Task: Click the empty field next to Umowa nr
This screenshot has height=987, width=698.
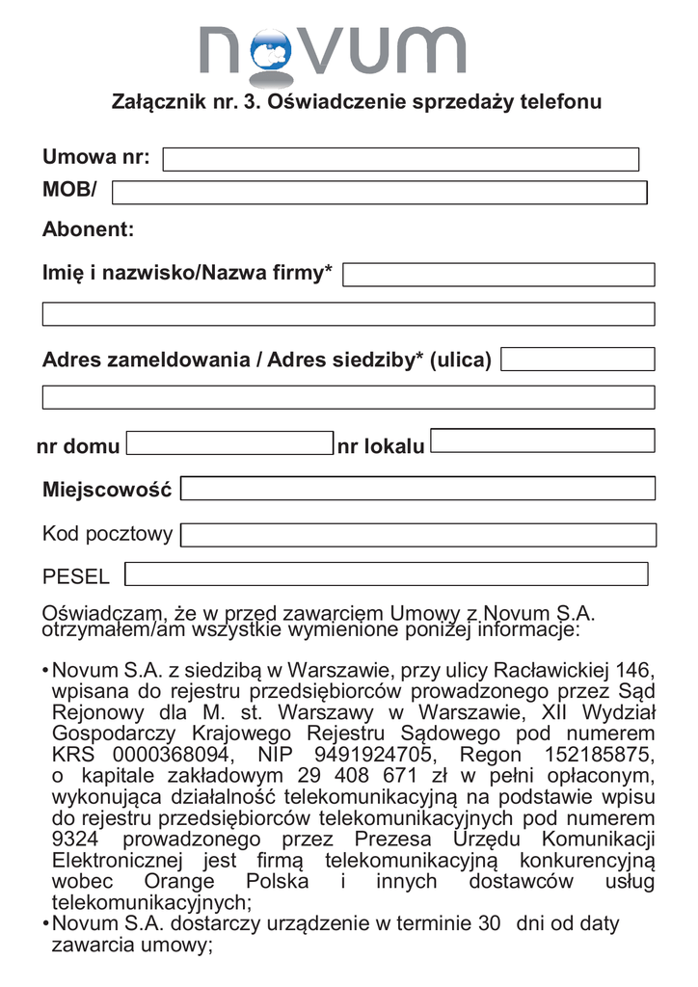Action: (x=401, y=160)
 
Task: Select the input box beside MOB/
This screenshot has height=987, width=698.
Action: (x=379, y=193)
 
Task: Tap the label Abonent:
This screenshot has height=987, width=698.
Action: (x=88, y=229)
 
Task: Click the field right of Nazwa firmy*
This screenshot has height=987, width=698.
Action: (x=498, y=275)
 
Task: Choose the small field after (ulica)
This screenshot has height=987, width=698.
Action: (x=577, y=360)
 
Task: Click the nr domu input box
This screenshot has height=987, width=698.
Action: (x=228, y=443)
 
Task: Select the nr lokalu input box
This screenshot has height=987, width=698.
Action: (x=543, y=441)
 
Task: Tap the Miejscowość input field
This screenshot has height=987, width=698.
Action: (x=417, y=490)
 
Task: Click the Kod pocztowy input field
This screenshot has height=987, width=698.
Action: (x=417, y=534)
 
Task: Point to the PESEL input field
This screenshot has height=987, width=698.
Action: (x=387, y=574)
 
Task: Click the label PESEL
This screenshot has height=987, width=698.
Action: (x=76, y=577)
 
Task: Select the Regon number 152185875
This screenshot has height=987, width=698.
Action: (x=600, y=754)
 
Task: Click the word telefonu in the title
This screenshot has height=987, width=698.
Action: (x=561, y=102)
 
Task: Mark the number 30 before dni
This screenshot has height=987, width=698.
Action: (x=489, y=923)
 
